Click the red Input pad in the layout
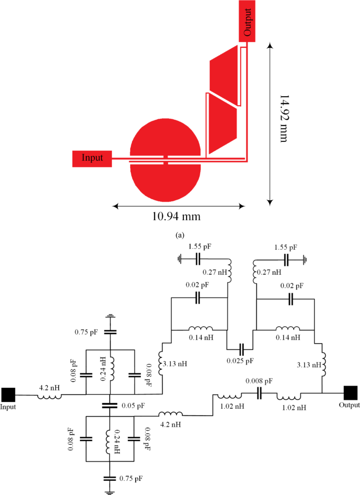[91, 158]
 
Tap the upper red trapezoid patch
[223, 74]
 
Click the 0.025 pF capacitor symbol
[240, 349]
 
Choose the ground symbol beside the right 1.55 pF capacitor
[303, 259]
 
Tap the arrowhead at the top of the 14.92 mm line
[270, 47]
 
